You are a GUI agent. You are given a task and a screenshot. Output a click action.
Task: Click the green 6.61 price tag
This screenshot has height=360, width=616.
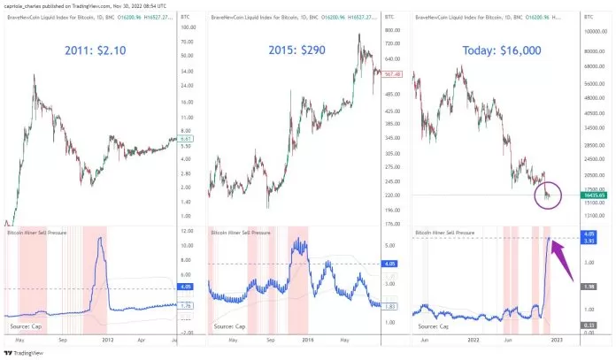187,138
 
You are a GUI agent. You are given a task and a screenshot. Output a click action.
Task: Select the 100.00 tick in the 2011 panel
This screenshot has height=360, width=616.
187,27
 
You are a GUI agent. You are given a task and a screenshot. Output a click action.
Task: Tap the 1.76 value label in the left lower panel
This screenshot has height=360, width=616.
187,305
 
